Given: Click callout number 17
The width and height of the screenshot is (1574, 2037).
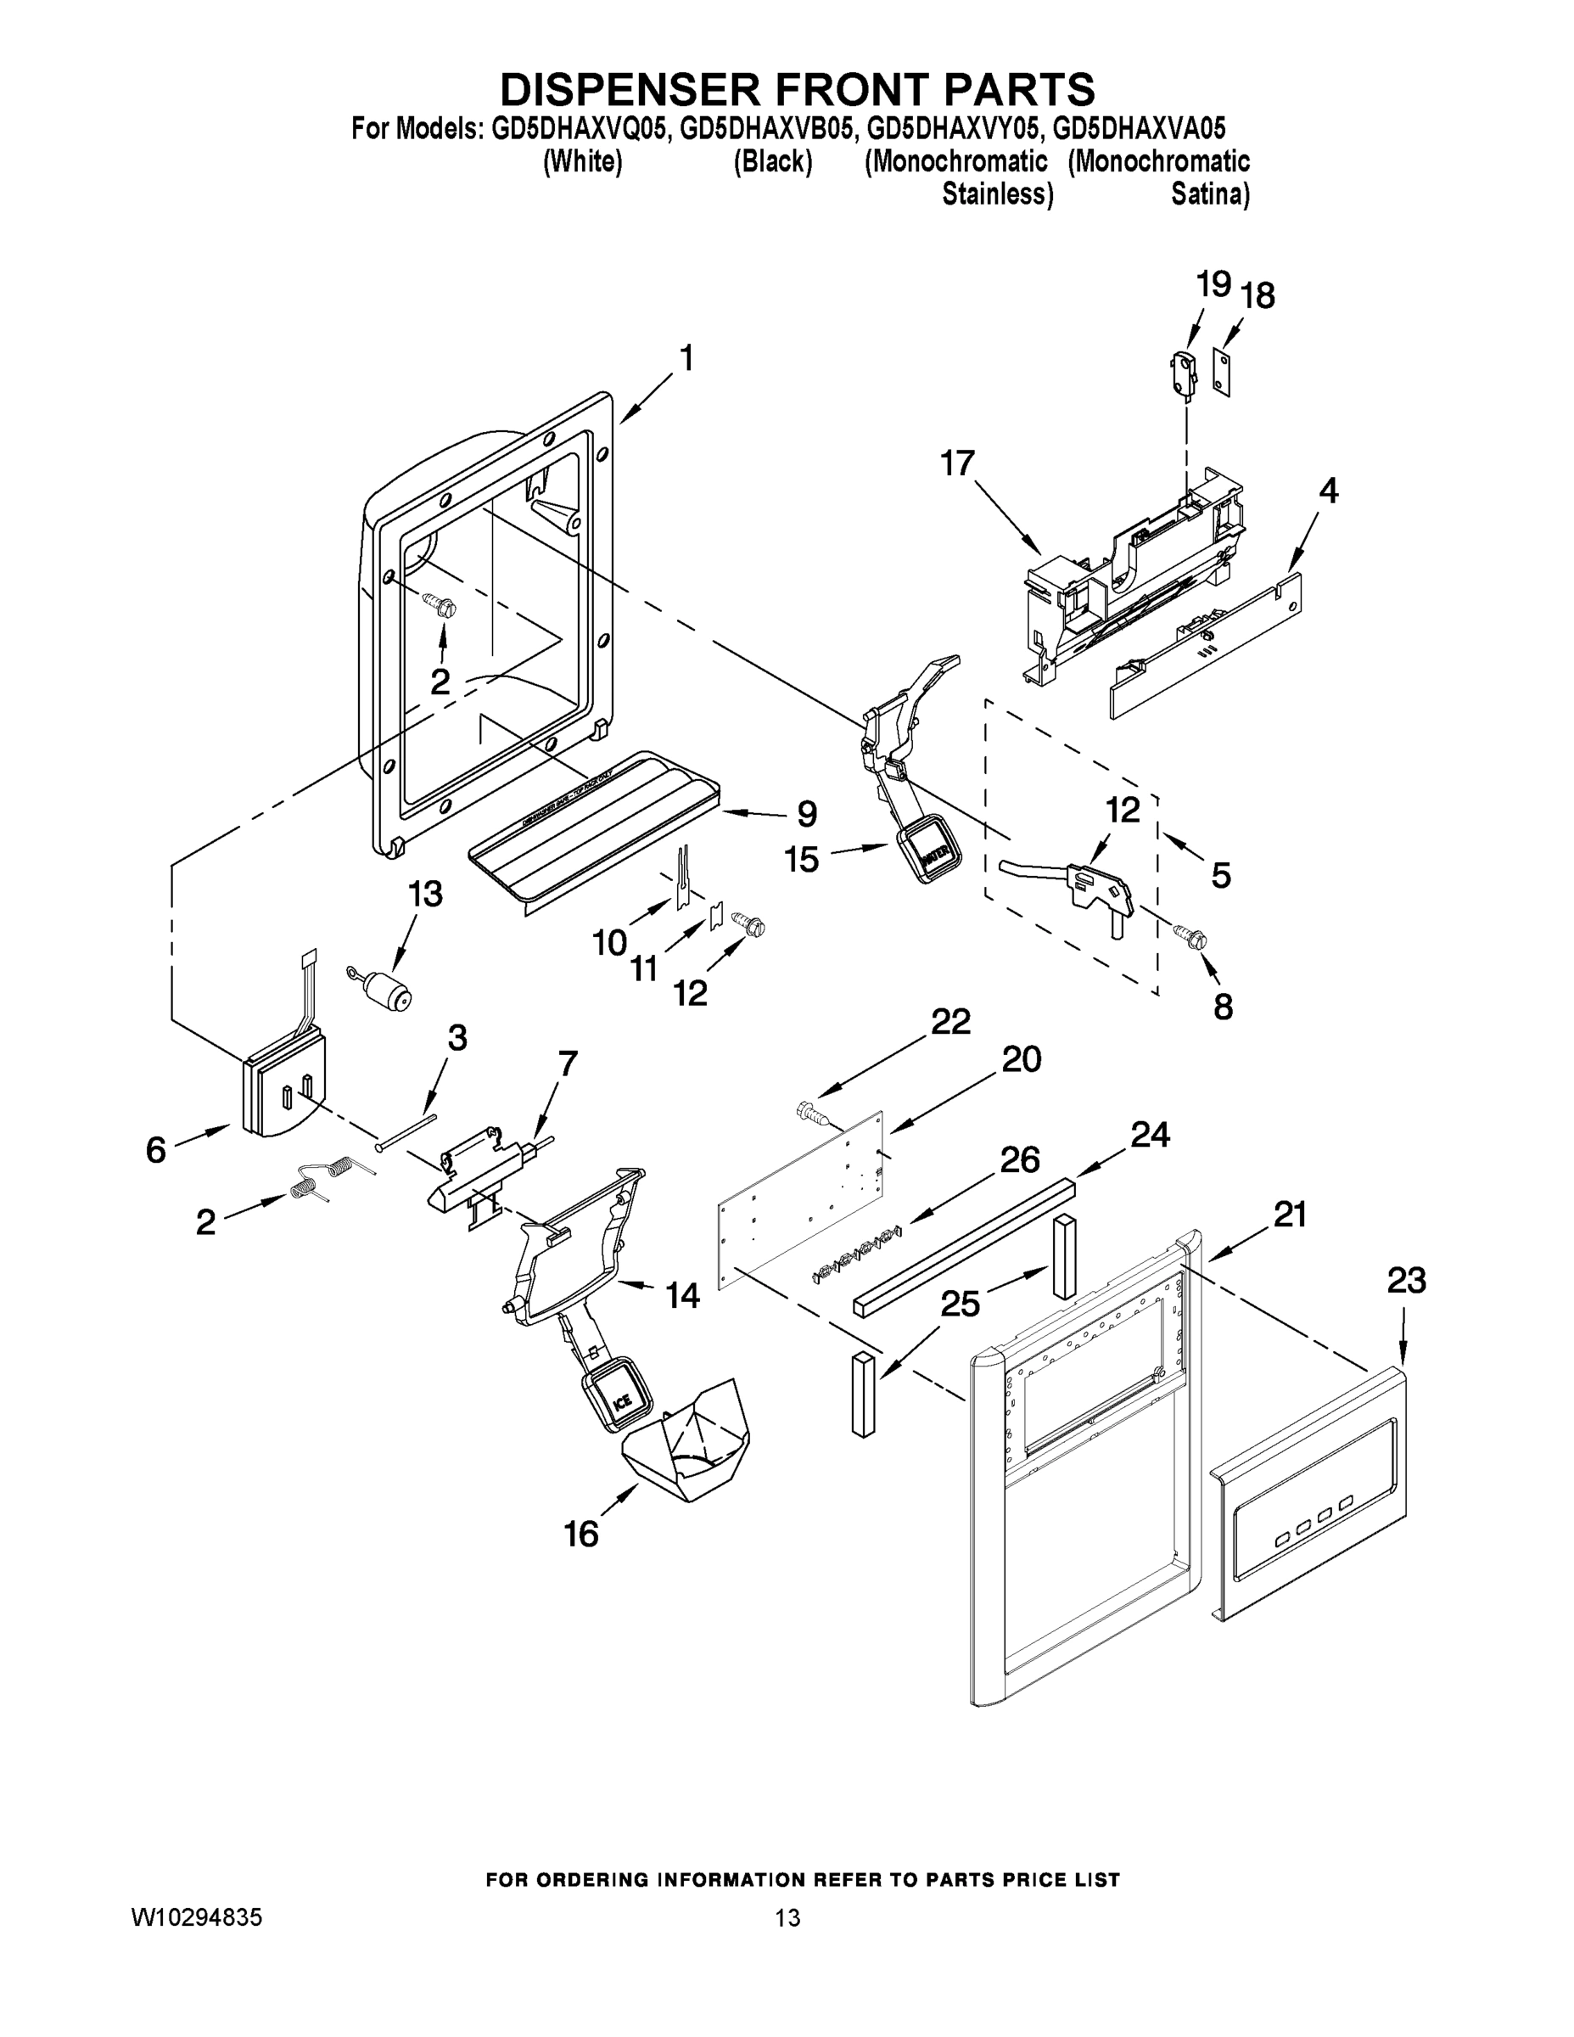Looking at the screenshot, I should pos(958,463).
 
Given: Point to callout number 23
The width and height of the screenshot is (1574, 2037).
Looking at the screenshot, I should pos(1406,1281).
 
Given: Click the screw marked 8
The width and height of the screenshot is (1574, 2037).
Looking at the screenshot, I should pos(1190,932).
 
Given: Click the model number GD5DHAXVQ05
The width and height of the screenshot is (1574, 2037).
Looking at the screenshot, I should pos(579,128).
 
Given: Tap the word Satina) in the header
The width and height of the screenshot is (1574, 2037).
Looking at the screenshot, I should pos(1209,195).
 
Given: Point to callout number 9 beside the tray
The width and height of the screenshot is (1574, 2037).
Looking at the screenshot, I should pos(807,813).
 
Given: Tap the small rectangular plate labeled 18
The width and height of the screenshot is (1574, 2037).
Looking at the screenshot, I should pos(1222,371).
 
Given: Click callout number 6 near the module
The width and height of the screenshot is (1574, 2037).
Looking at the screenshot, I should pos(156,1149).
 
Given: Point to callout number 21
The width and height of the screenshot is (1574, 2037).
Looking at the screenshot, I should pos(1291,1215).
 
